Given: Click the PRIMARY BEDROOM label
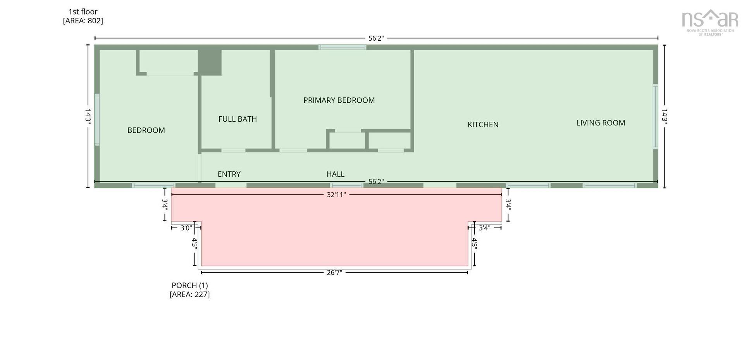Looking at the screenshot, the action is [x=339, y=100].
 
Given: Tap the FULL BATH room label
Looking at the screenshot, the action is [x=238, y=119].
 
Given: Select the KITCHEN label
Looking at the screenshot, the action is [x=483, y=124].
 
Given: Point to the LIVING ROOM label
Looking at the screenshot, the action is [x=601, y=123].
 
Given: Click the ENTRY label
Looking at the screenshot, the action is [x=229, y=174].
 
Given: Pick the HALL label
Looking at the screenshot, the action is [x=335, y=174].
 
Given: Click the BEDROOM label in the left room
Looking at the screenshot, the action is [x=146, y=130].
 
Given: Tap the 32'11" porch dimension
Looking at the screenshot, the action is [x=336, y=195].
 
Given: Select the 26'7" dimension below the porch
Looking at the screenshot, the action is [x=334, y=272].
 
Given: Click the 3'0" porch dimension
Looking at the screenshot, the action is [x=186, y=228].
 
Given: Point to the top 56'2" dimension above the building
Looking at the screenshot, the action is [x=376, y=38].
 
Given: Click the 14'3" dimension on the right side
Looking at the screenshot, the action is [x=664, y=116].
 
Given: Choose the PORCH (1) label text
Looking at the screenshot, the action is [x=189, y=285].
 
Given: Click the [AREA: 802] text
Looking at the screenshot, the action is [x=83, y=21].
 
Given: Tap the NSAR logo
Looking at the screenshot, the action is [x=710, y=23].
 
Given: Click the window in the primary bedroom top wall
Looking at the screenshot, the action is [x=342, y=47].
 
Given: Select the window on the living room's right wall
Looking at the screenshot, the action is [x=655, y=116].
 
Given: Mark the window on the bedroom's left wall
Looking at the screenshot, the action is [x=97, y=119].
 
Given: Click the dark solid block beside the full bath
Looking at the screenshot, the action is [x=210, y=62].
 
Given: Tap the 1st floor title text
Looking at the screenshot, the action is [x=83, y=12].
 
